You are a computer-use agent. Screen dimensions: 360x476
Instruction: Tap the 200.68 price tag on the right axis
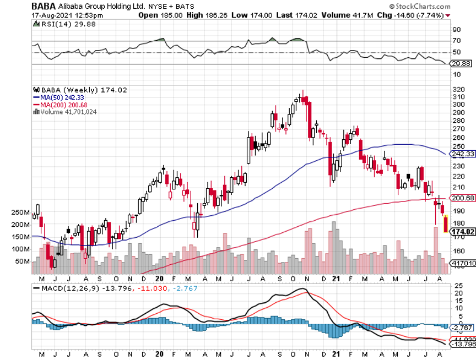pos(463,197)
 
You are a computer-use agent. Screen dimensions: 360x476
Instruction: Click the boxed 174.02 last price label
pos(463,232)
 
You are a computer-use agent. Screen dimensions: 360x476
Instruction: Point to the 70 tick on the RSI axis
pos(456,41)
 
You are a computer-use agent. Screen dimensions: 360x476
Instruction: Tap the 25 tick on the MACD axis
pos(456,286)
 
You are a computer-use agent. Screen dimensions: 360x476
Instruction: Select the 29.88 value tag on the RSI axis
pos(462,64)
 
